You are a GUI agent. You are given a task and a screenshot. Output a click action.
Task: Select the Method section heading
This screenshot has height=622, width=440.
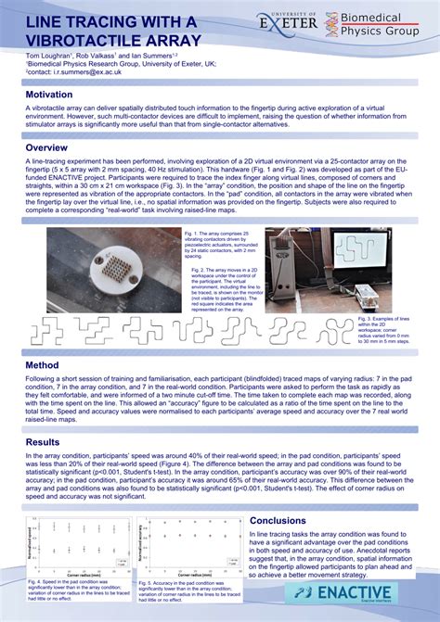[x=43, y=365]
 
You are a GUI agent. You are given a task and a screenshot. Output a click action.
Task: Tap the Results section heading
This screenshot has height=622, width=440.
[x=45, y=442]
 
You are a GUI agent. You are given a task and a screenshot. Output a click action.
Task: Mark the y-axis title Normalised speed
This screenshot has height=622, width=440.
[x=33, y=540]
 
